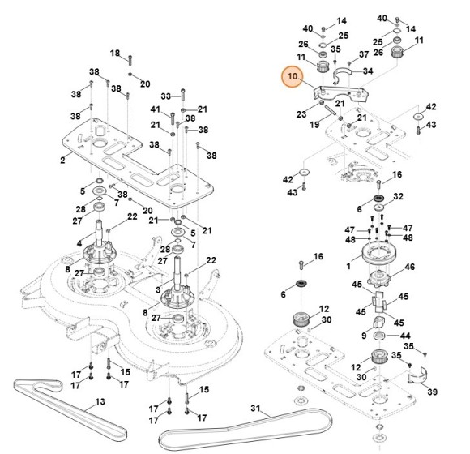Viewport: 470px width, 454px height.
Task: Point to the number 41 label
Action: [155, 109]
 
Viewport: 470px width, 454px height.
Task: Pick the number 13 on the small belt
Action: [100, 401]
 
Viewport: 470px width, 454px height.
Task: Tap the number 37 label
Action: [364, 55]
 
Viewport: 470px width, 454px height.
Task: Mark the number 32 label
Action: [398, 197]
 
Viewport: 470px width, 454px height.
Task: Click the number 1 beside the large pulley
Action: [349, 265]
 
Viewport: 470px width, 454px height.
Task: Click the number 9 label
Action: [363, 336]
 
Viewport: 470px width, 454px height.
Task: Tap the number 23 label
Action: [301, 114]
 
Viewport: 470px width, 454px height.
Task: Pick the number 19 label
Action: [313, 126]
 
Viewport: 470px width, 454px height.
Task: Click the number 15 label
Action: [126, 371]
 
